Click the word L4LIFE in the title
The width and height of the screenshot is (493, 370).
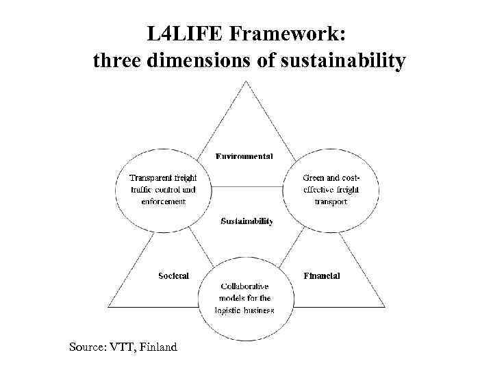(181, 34)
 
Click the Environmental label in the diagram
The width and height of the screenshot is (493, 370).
(244, 156)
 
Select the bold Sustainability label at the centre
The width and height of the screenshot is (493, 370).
(246, 221)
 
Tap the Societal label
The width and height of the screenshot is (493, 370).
(173, 275)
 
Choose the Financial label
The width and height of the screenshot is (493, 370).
(321, 275)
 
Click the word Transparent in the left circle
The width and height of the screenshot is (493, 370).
(149, 178)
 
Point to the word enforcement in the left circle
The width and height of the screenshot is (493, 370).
(164, 201)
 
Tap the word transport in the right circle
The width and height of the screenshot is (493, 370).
(331, 201)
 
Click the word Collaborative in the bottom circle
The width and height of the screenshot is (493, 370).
(244, 286)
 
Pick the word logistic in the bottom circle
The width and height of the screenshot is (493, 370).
(230, 310)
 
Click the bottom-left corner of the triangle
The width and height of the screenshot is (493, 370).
(108, 306)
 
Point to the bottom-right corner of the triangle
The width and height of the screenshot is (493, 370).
(385, 306)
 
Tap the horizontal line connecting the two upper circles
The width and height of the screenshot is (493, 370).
(246, 187)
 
